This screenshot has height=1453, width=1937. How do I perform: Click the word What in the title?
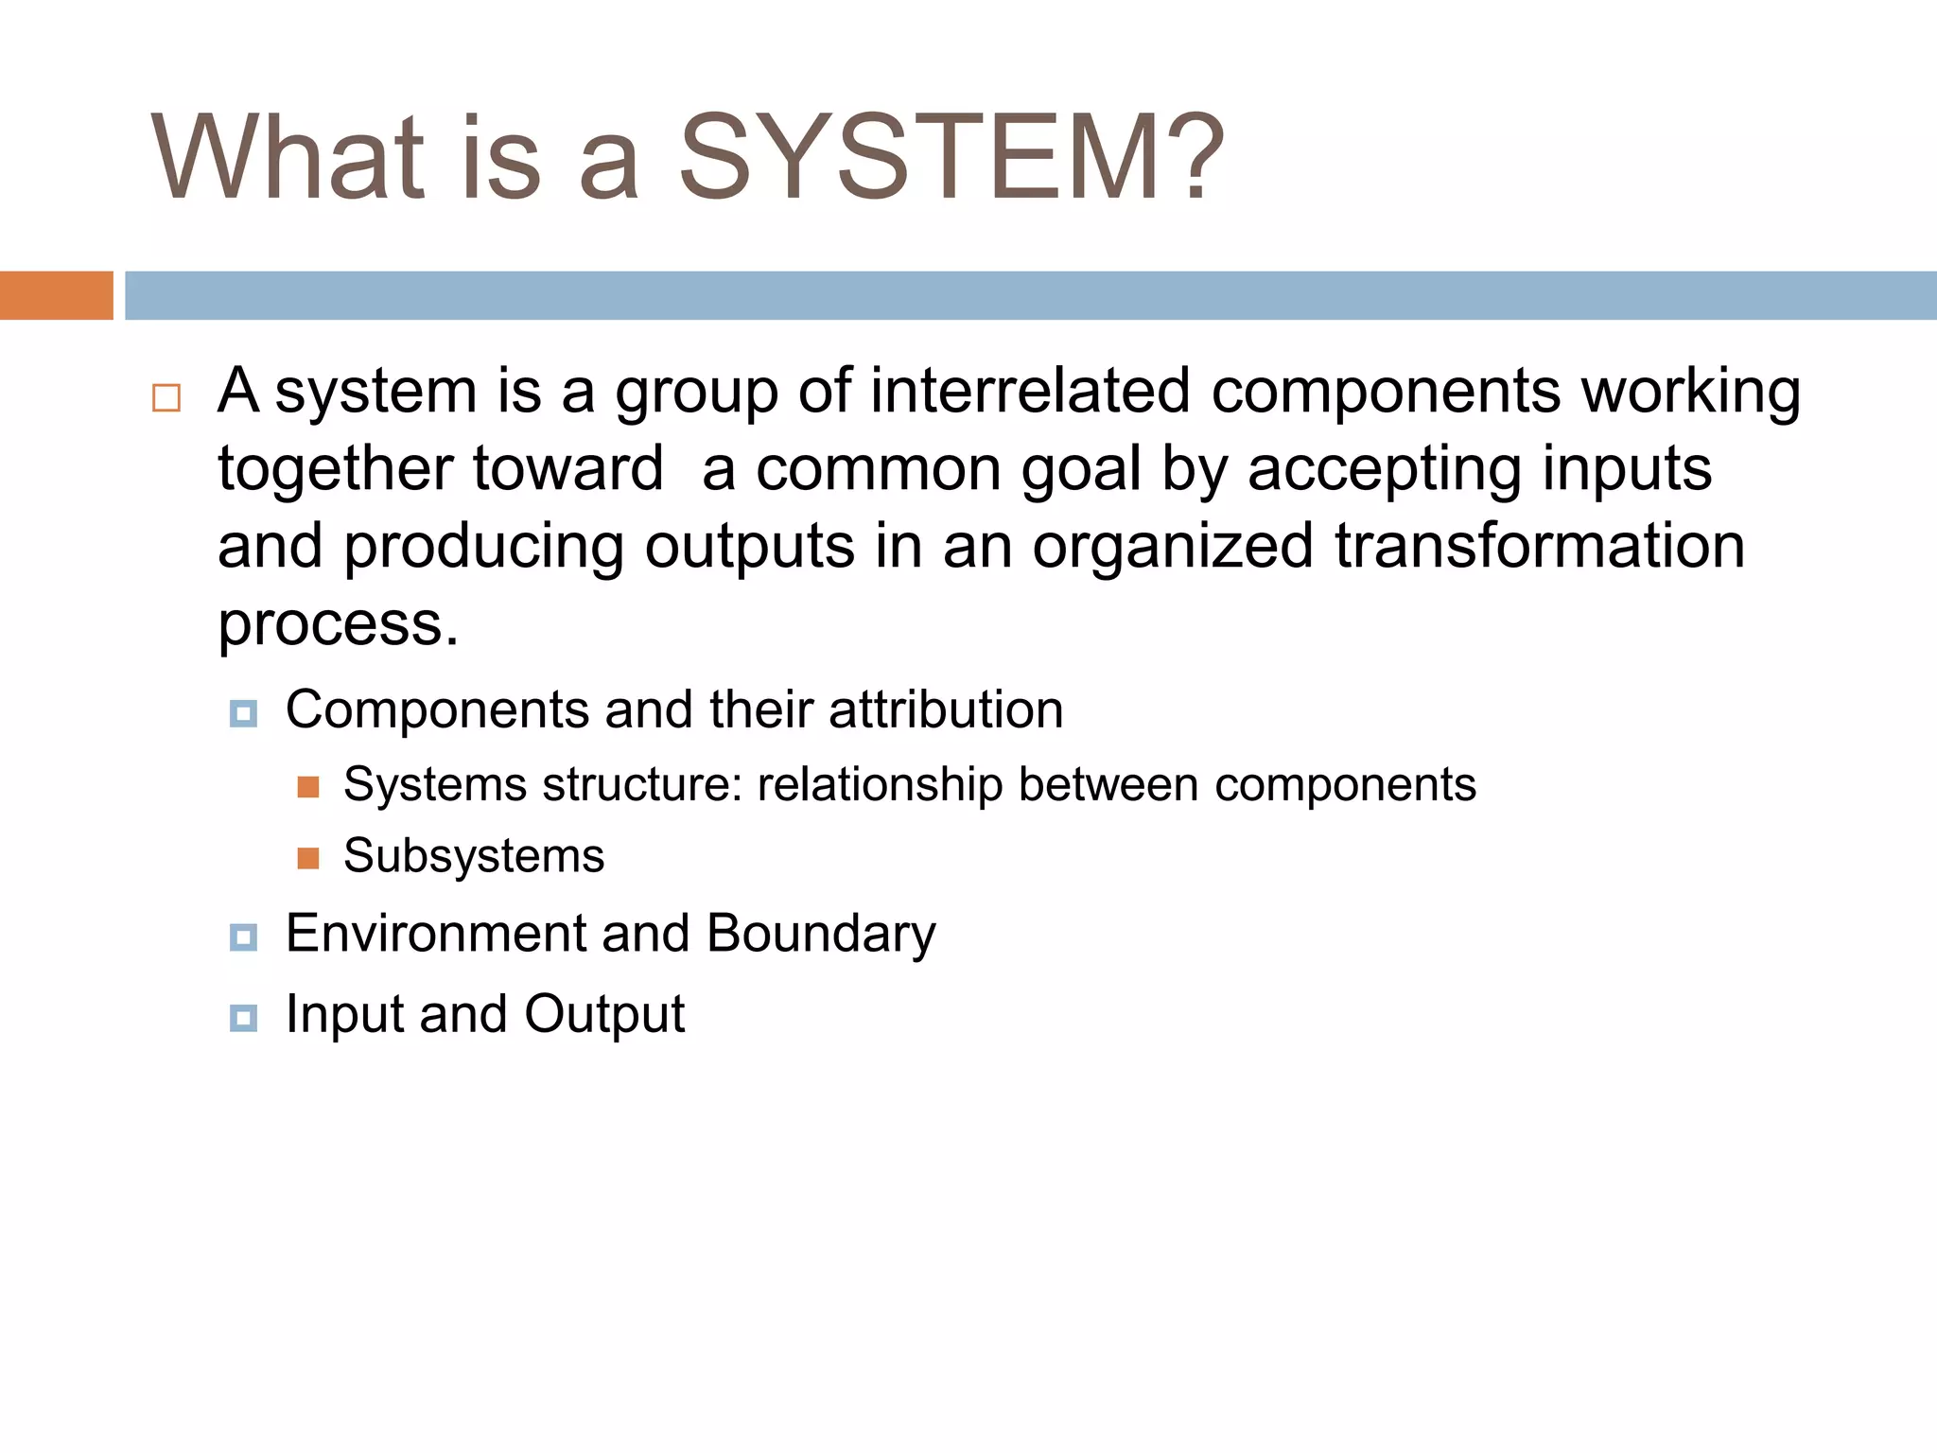(288, 158)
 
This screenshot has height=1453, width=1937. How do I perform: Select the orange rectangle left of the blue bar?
(56, 295)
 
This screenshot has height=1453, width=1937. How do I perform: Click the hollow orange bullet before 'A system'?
(166, 397)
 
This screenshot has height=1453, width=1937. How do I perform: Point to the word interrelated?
(1029, 391)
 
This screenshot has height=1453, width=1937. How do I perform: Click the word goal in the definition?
(1080, 469)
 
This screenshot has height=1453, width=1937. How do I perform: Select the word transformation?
(1539, 546)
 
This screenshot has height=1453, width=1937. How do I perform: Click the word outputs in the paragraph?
(749, 548)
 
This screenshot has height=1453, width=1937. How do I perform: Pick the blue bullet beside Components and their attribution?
(243, 713)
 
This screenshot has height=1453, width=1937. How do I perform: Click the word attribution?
(945, 709)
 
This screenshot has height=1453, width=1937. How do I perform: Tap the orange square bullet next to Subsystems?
(308, 858)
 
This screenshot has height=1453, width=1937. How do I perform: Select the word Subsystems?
(473, 856)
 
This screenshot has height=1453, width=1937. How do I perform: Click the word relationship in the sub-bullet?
(880, 785)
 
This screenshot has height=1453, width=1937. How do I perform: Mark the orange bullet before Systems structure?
(308, 787)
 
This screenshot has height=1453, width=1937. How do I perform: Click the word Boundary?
(820, 935)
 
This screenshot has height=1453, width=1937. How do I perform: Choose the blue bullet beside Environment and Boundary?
(243, 937)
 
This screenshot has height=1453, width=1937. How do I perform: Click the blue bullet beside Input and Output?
(243, 1018)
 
